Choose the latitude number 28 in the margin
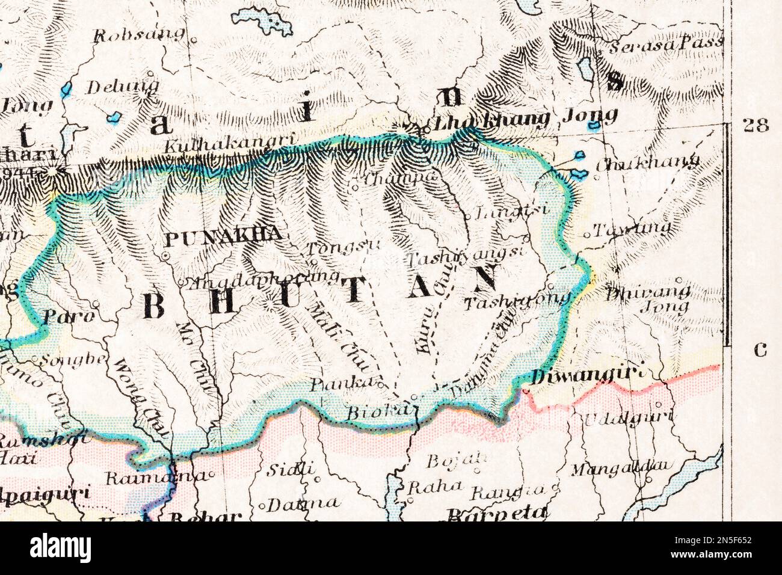[x=756, y=126]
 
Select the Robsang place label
[x=139, y=34]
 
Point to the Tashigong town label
[x=518, y=299]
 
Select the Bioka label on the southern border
[x=373, y=413]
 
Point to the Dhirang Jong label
[x=647, y=300]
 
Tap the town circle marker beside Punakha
[x=164, y=256]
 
